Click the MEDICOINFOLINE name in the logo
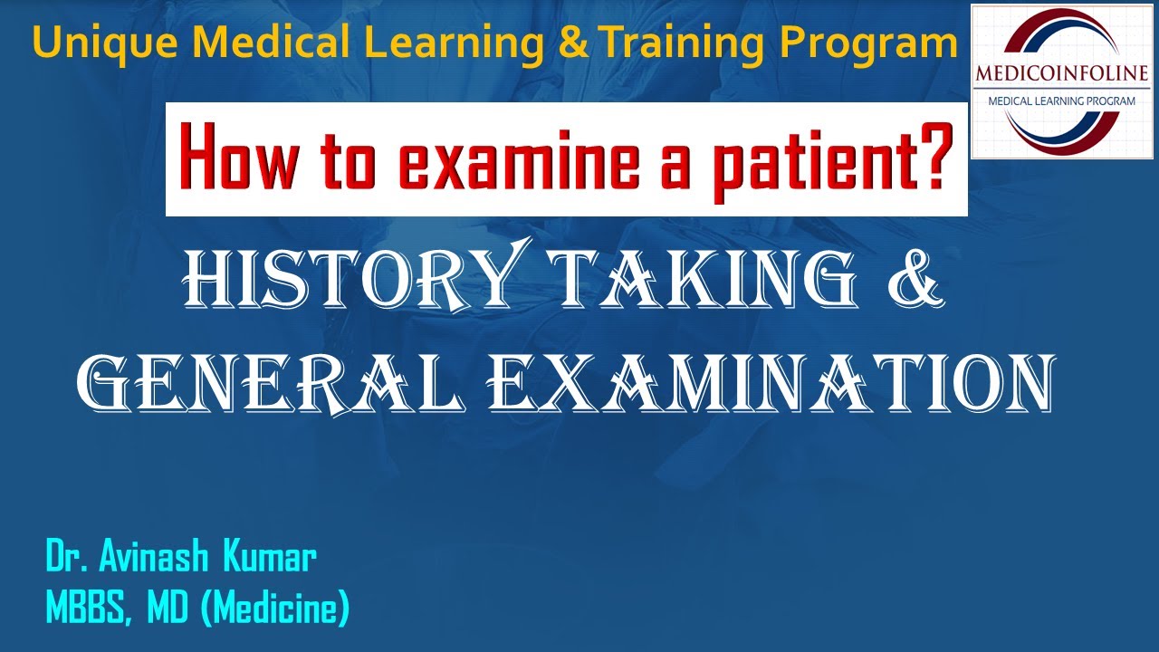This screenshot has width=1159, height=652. pos(1062,72)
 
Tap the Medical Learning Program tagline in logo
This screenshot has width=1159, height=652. pos(1062,101)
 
